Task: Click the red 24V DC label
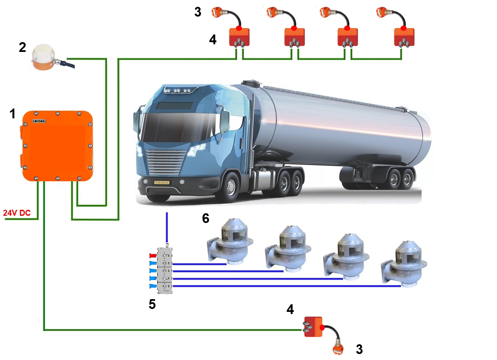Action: (17, 213)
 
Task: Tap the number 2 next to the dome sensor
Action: (22, 47)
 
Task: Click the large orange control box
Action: (57, 146)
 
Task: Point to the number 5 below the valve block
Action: (152, 304)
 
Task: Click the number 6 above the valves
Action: (205, 219)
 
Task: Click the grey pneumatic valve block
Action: (165, 271)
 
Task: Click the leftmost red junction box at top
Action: (239, 37)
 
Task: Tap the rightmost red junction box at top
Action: (403, 37)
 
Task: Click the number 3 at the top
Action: (198, 12)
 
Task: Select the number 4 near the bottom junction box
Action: (290, 309)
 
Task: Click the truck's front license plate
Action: (161, 182)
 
